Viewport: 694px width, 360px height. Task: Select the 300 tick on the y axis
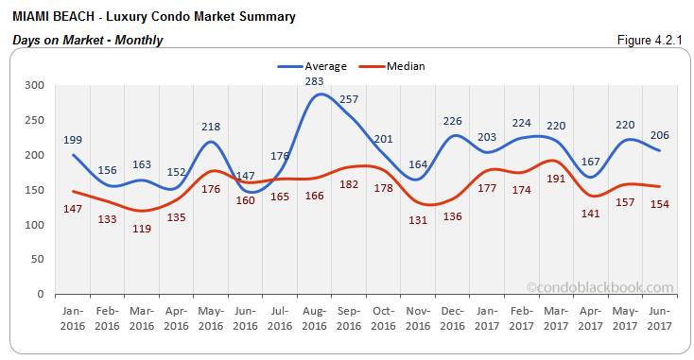coord(34,85)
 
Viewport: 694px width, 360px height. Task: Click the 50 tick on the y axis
coord(38,259)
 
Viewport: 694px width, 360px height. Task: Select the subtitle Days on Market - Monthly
coord(87,40)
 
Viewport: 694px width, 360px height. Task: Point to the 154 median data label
coord(659,204)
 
